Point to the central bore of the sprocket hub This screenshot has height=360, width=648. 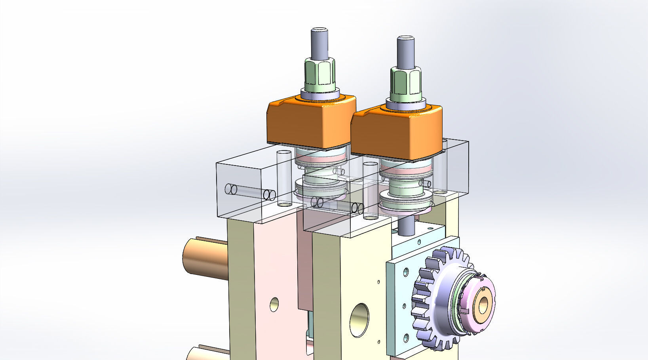coord(484,305)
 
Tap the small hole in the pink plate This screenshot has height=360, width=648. coord(274,304)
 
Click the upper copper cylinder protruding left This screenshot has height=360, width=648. coord(204,257)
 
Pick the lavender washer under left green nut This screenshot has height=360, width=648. coord(320,94)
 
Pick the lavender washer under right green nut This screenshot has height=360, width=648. coord(406,104)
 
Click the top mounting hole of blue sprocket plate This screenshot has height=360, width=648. coord(406,272)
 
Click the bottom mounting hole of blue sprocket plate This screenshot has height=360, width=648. coord(406,338)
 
